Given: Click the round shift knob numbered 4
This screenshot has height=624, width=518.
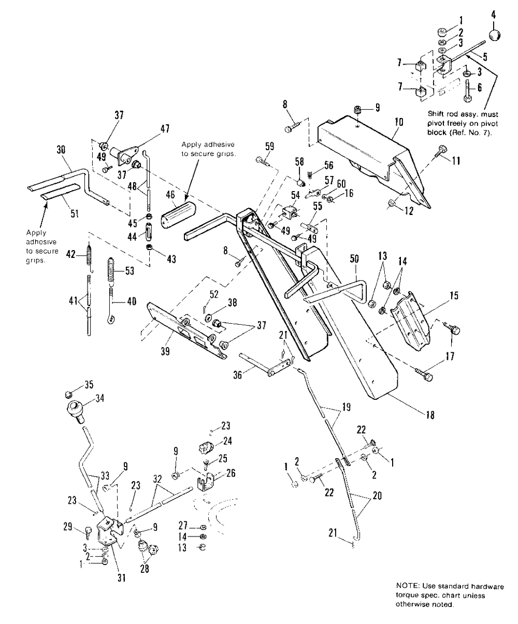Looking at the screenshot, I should click(x=496, y=35).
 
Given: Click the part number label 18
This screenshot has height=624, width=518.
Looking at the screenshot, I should click(x=429, y=415).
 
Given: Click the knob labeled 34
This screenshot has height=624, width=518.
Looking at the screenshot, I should click(x=75, y=409).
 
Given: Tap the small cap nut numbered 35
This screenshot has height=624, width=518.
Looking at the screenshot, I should click(x=72, y=386).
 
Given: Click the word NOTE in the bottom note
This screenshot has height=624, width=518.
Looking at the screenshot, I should click(x=406, y=586).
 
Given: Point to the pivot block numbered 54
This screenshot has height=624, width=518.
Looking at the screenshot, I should click(x=290, y=212).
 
